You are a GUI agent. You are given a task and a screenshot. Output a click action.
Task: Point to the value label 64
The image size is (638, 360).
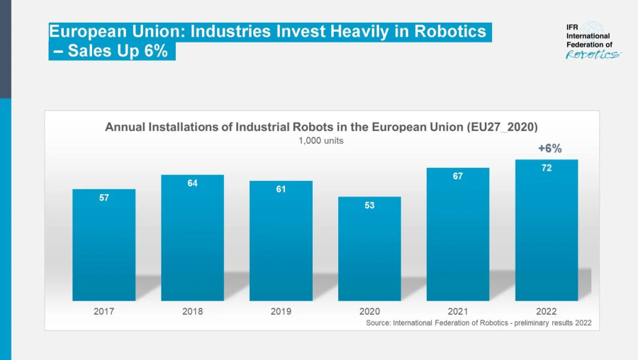[192, 184]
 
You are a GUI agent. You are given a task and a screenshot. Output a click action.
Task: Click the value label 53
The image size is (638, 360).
[369, 206]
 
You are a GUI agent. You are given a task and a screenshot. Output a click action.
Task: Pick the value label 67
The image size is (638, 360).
[458, 176]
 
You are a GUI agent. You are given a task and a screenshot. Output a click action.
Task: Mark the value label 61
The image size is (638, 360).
[281, 190]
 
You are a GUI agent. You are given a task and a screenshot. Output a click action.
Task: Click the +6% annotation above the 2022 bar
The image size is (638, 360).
[549, 148]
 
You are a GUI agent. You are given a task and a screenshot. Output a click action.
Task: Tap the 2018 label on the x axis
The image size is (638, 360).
[192, 312]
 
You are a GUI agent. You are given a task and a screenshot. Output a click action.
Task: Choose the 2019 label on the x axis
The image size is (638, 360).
[281, 312]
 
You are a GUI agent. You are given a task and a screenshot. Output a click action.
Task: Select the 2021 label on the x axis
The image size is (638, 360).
[458, 312]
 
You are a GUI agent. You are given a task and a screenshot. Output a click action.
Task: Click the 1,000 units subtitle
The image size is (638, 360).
[321, 140]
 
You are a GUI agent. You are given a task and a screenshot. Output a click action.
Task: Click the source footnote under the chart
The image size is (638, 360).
[478, 323]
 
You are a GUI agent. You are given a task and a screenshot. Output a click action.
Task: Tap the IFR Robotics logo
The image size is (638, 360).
[592, 42]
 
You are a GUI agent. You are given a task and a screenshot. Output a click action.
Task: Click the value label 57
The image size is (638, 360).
[103, 198]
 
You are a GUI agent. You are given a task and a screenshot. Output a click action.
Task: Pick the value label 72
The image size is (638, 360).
[547, 168]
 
